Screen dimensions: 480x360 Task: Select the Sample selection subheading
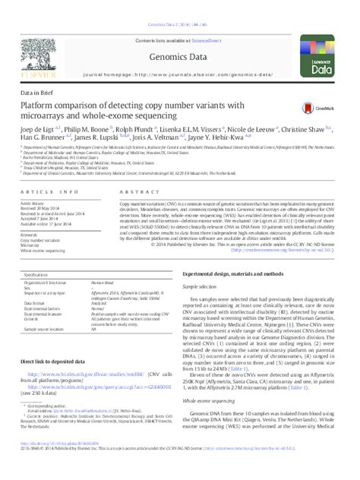coord(201,287)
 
